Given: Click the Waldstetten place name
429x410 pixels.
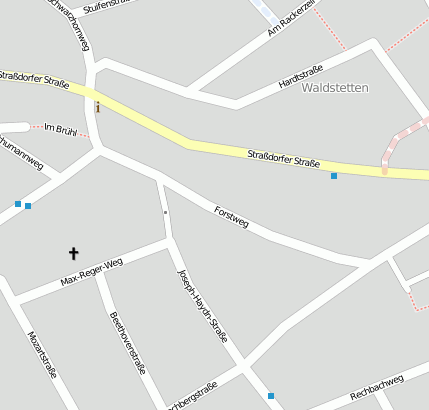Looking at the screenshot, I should point(335,88).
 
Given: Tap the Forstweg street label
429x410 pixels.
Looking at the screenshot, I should point(231,216).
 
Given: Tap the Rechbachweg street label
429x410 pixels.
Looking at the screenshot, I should point(377,388).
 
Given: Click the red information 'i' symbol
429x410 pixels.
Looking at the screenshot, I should point(97,106).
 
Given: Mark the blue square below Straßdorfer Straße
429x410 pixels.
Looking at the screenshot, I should point(334,176).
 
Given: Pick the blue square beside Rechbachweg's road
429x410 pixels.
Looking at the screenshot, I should point(271,396).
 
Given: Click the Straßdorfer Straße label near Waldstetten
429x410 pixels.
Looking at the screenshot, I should point(283,158).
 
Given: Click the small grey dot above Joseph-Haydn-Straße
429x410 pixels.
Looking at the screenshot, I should point(166,212).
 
